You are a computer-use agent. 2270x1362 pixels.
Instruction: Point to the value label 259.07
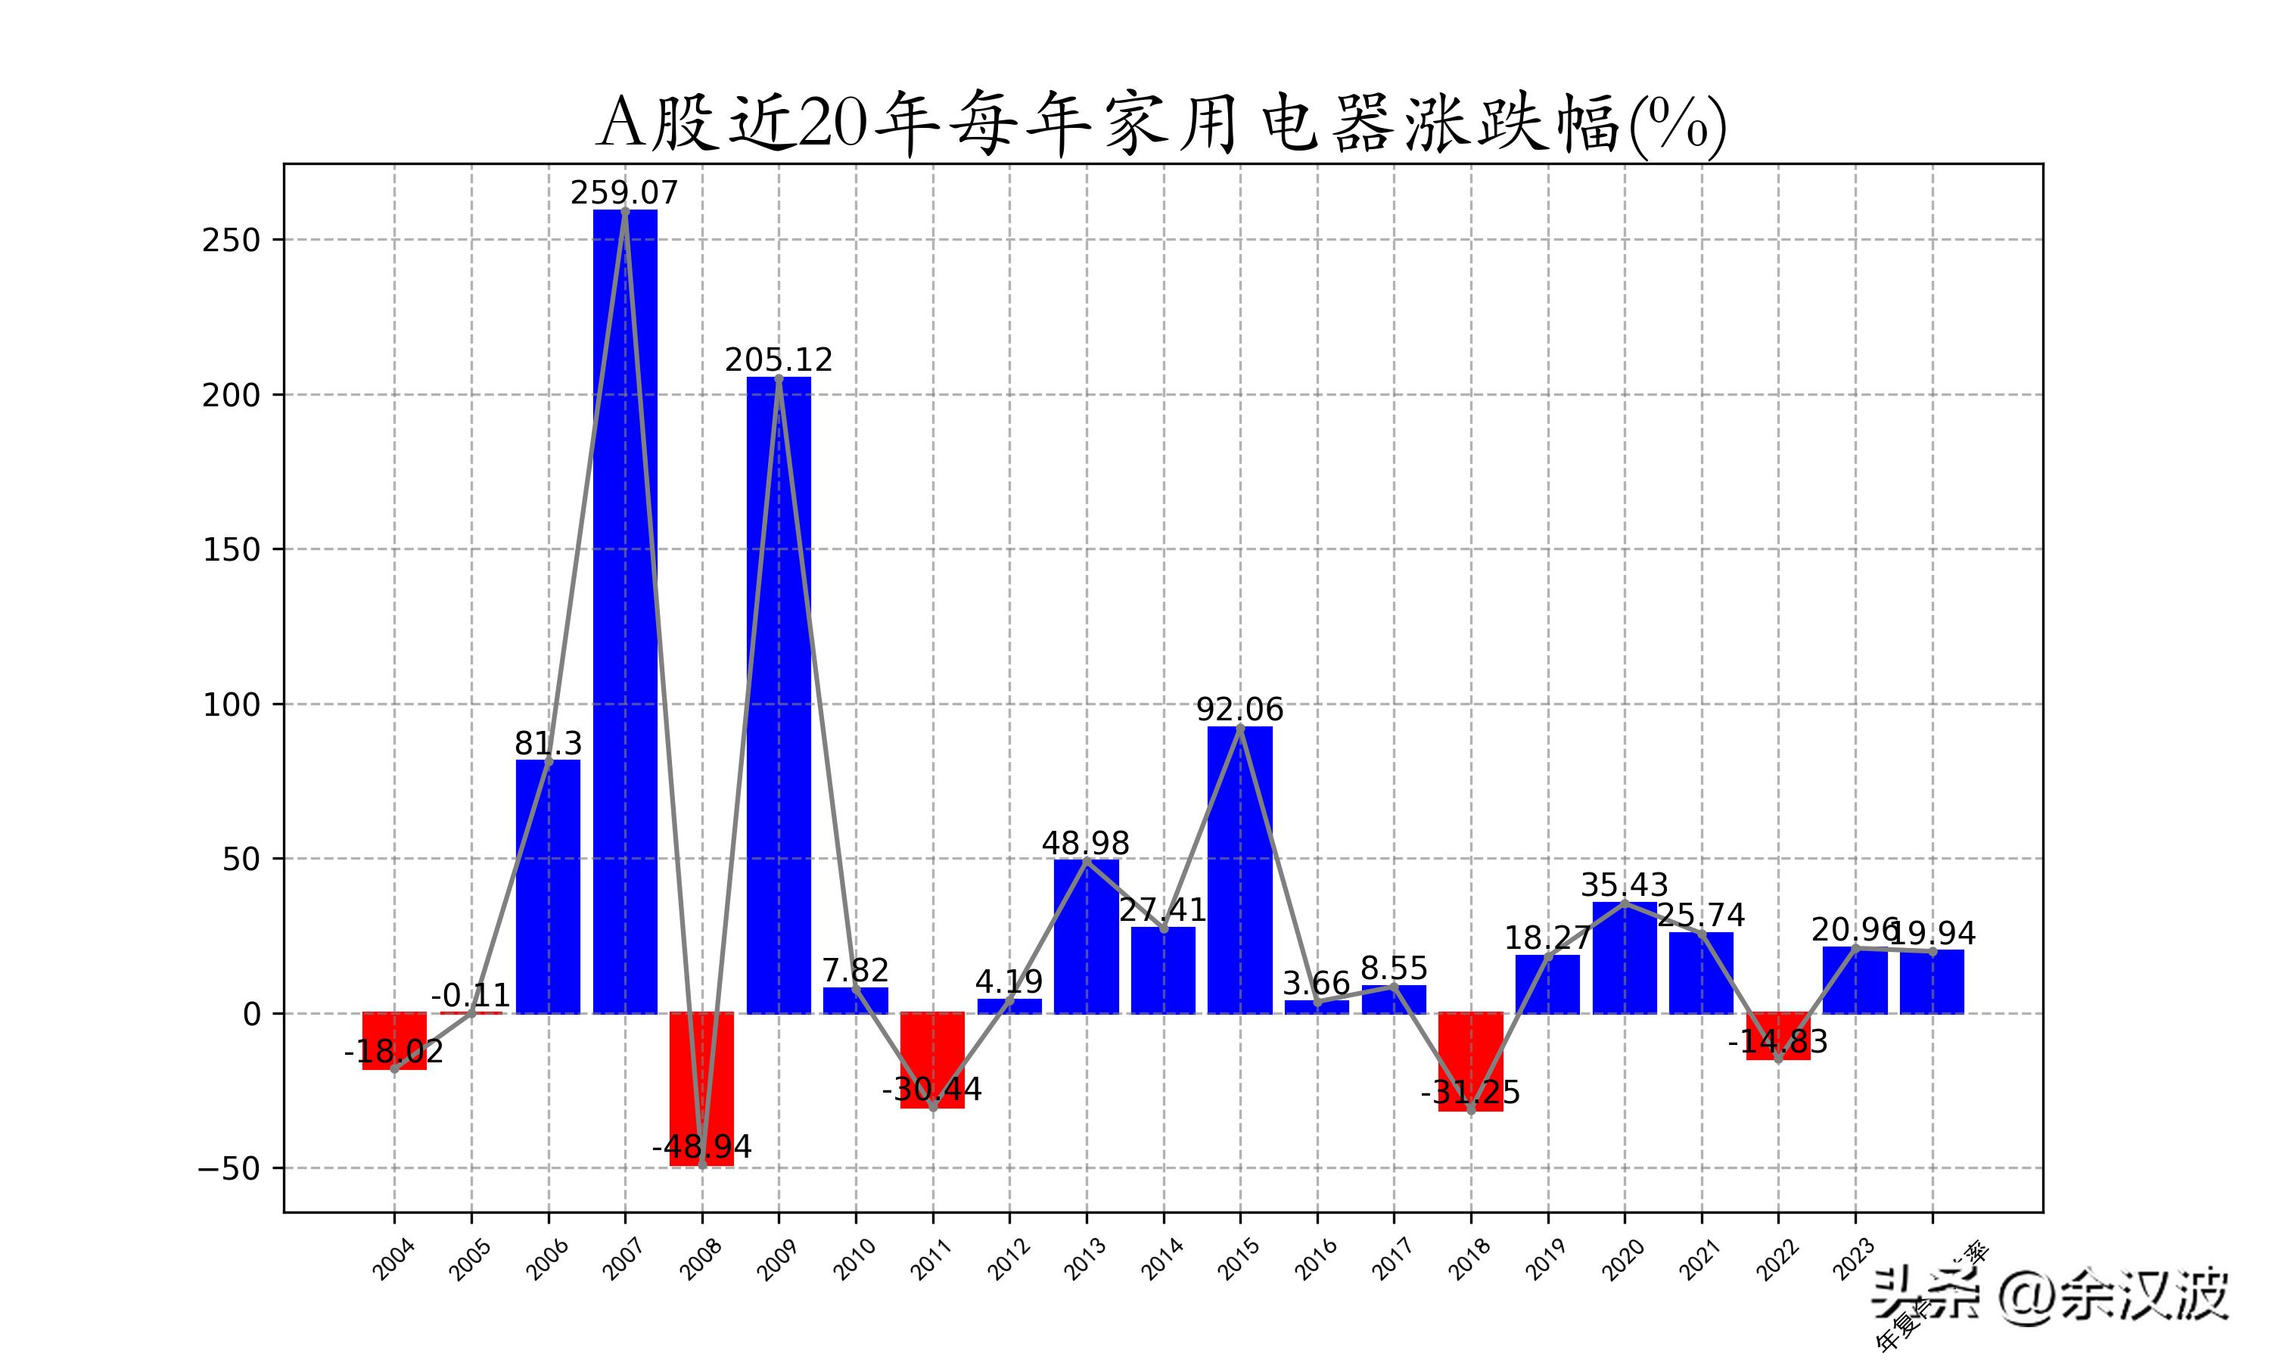[x=624, y=194]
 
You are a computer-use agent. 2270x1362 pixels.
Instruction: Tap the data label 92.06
[x=1239, y=711]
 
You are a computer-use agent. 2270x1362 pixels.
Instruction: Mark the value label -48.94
[x=702, y=1147]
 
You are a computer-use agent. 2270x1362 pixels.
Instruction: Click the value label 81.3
[x=548, y=743]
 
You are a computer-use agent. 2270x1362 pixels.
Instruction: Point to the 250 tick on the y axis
[x=232, y=241]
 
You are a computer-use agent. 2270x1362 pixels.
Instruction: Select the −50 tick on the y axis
[x=229, y=1169]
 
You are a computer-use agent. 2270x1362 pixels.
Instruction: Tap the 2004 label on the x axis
[x=393, y=1259]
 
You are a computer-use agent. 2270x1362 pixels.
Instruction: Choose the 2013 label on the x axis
[x=1086, y=1259]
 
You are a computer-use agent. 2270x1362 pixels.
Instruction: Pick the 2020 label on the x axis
[x=1623, y=1259]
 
